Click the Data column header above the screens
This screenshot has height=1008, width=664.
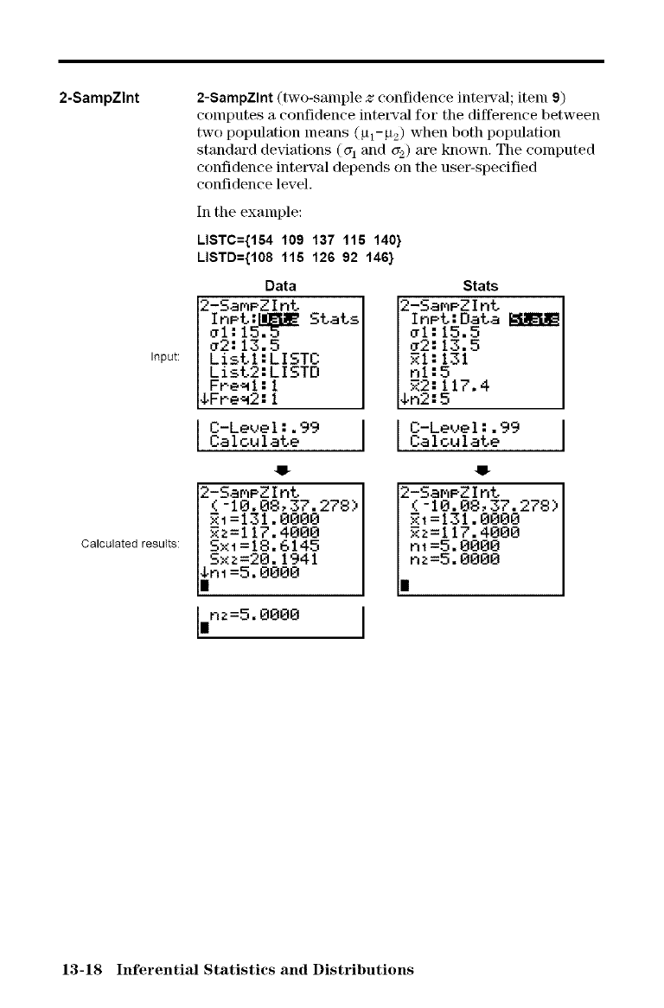click(280, 285)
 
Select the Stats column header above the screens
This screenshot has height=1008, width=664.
click(481, 285)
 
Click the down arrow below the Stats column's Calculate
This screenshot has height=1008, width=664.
click(481, 471)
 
